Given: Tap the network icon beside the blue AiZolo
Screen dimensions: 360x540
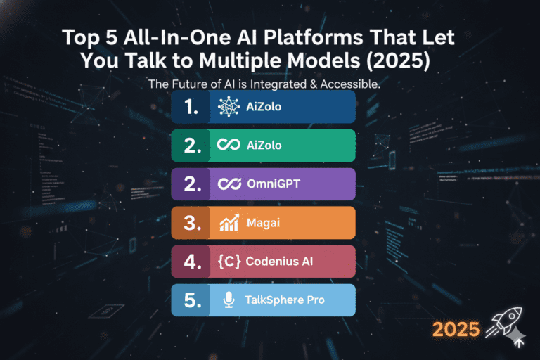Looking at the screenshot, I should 229,107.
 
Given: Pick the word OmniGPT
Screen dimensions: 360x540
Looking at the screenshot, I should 274,184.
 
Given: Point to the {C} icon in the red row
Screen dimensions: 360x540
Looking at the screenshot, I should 229,262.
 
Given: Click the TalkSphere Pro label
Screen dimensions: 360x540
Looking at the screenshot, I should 285,300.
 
